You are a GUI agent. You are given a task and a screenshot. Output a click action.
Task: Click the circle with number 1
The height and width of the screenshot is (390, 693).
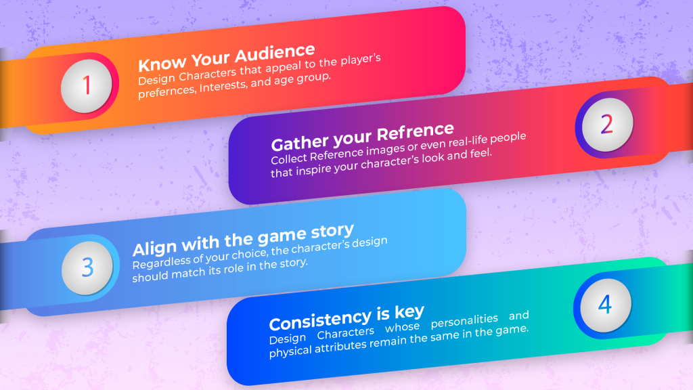(87, 86)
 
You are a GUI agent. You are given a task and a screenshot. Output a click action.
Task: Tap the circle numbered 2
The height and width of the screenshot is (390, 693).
(606, 125)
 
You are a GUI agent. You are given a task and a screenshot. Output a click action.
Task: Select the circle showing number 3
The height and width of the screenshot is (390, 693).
(87, 267)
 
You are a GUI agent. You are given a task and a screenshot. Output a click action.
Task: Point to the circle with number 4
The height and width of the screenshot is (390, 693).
(604, 305)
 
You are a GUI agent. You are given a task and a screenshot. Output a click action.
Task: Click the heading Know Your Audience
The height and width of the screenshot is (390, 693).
(227, 58)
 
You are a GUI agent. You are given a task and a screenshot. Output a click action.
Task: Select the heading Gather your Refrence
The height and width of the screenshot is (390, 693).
(362, 137)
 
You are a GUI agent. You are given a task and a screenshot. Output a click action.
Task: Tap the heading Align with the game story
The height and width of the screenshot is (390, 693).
(243, 240)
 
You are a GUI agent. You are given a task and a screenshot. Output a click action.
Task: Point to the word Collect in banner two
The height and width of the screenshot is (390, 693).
(288, 160)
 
